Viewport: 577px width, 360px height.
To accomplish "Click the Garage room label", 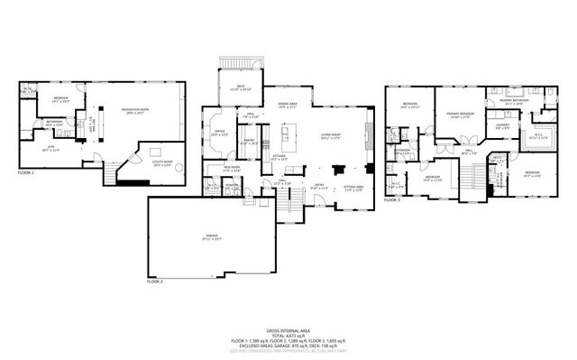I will (x=211, y=237).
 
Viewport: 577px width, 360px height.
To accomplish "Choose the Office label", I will (x=219, y=134).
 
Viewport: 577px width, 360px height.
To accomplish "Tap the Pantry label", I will (x=250, y=142).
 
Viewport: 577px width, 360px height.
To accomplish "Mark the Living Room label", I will (x=331, y=137).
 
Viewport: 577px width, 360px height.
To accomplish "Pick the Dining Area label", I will (x=288, y=106).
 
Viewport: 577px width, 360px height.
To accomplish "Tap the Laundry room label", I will (x=503, y=127).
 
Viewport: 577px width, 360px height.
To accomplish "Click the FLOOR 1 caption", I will (x=26, y=171).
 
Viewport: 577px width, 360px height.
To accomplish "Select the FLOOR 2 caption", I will (x=157, y=282).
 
